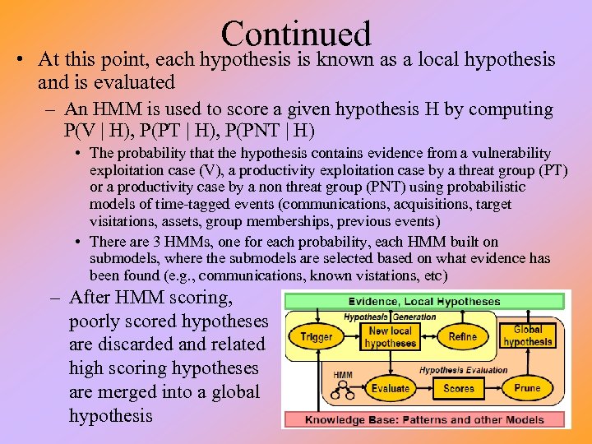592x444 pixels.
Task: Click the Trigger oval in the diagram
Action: click(317, 337)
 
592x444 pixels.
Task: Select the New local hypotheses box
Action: click(390, 337)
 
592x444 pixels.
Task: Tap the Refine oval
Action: click(463, 336)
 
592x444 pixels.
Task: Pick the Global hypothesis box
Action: click(528, 335)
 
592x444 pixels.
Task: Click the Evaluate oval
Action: click(390, 388)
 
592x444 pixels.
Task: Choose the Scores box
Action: click(458, 388)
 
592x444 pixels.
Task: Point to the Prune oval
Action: click(527, 387)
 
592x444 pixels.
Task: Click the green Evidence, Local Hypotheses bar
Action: click(424, 301)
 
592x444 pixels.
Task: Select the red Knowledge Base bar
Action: click(424, 419)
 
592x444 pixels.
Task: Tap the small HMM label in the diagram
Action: click(343, 375)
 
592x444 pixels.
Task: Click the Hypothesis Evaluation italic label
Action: click(464, 370)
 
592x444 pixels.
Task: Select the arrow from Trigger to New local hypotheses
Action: click(350, 337)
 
